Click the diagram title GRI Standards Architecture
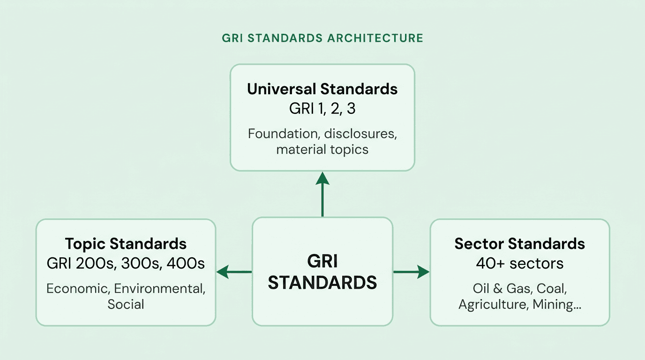coord(322,38)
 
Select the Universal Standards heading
coord(322,89)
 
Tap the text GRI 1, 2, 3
coord(322,108)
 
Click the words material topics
coord(322,150)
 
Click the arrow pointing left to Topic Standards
coord(234,271)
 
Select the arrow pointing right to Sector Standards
coord(411,271)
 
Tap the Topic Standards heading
coord(126,244)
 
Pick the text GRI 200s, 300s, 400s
coord(126,263)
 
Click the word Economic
coord(77,288)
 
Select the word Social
coord(126,304)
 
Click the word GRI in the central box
coord(322,261)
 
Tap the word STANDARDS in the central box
coord(322,283)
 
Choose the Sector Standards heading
coord(520,244)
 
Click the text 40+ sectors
coord(520,263)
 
